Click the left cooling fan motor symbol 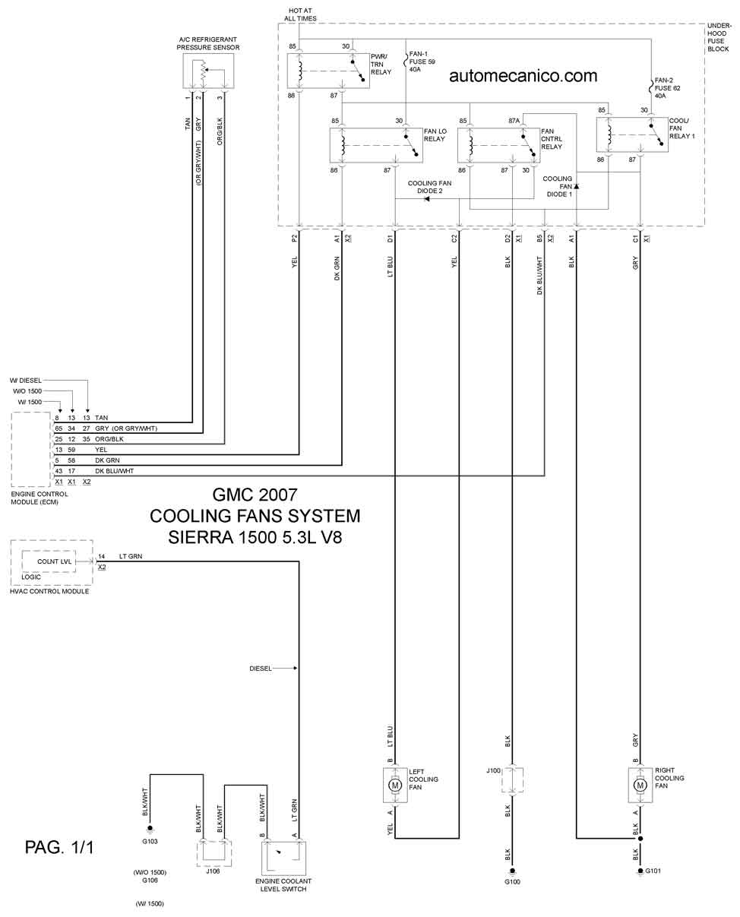pos(395,785)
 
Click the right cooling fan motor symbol pos(640,785)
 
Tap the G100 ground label pos(512,881)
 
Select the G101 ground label pos(653,871)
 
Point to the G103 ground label pos(150,841)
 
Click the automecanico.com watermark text pos(523,76)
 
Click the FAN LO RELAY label pos(435,135)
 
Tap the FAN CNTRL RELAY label pos(552,139)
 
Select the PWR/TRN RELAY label pos(381,65)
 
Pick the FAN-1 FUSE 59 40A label pos(422,62)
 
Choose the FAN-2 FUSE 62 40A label pos(667,88)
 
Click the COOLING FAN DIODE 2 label pos(429,187)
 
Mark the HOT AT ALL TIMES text pos(300,14)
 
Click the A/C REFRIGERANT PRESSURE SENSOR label pos(208,43)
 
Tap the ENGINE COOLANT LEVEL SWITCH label pos(283,885)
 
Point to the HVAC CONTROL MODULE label pos(49,591)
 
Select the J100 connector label pos(493,770)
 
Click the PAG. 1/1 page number pos(59,847)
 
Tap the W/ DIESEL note pos(26,380)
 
